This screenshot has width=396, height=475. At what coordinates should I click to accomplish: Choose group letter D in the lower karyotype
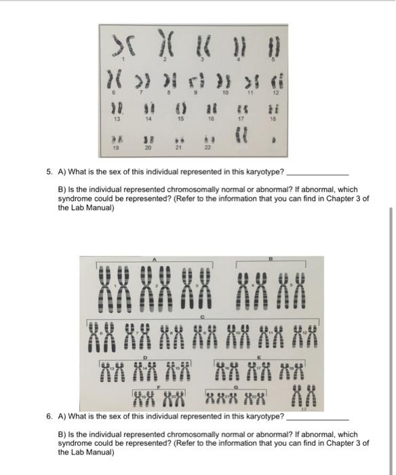tap(146, 356)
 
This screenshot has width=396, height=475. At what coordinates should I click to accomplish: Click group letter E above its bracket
tap(259, 356)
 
